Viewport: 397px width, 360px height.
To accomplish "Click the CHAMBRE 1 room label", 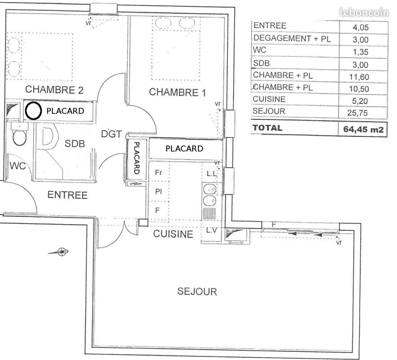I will [177, 92].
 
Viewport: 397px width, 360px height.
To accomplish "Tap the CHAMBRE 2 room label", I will [54, 90].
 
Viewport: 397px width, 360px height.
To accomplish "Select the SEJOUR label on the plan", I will [197, 292].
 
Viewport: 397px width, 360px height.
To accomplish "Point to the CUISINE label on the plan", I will [173, 234].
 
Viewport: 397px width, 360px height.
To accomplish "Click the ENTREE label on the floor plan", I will [68, 195].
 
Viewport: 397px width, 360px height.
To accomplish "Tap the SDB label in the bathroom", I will [74, 144].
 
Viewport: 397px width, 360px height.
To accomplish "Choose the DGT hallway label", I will [111, 134].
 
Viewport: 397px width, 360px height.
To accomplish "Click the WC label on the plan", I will [17, 166].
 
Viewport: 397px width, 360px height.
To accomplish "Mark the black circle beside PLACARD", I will [32, 111].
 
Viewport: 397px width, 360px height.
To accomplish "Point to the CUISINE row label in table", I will [269, 99].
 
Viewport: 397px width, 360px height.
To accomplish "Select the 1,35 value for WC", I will [361, 50].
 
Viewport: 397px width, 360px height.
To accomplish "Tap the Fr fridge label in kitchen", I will [158, 172].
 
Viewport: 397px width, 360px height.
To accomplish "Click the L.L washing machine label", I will [211, 173].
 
